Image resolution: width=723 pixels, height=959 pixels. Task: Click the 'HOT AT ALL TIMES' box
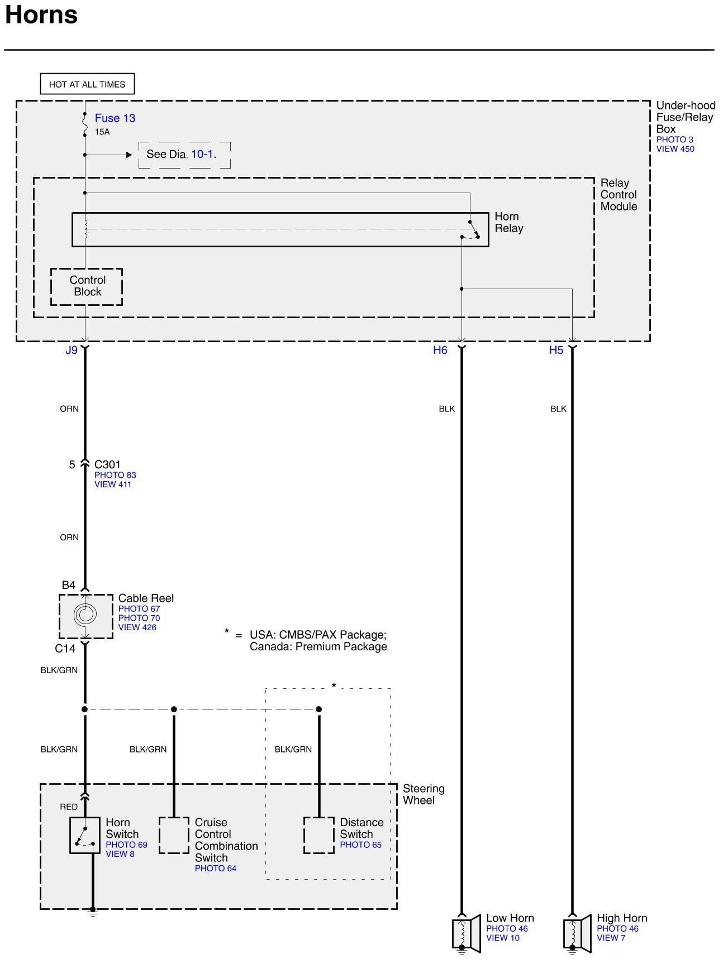(87, 84)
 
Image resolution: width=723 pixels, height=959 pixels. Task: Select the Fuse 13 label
(115, 118)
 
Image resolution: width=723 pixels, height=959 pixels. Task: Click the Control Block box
(87, 286)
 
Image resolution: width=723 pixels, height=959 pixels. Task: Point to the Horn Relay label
(508, 222)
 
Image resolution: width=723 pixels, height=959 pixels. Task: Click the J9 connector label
(72, 351)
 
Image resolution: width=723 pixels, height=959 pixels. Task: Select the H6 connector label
(440, 351)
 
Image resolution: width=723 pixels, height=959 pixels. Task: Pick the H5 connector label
(556, 351)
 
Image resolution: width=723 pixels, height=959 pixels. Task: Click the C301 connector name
(107, 464)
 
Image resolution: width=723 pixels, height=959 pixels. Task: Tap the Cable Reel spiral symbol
(85, 615)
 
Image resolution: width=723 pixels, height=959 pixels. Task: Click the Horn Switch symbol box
(85, 836)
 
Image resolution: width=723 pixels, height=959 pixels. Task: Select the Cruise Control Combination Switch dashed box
(174, 836)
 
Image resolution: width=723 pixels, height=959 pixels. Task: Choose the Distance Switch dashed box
(319, 836)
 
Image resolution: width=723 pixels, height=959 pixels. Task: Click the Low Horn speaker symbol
(466, 933)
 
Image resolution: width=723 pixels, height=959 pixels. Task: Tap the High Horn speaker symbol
(577, 933)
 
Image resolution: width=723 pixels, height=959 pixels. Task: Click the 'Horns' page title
(41, 15)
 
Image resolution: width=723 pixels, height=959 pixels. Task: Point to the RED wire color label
(69, 807)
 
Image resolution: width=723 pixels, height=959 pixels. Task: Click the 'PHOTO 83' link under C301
(115, 475)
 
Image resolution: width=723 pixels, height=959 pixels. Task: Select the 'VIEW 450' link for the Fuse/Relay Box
(675, 149)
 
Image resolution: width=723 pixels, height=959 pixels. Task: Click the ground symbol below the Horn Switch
(93, 913)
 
